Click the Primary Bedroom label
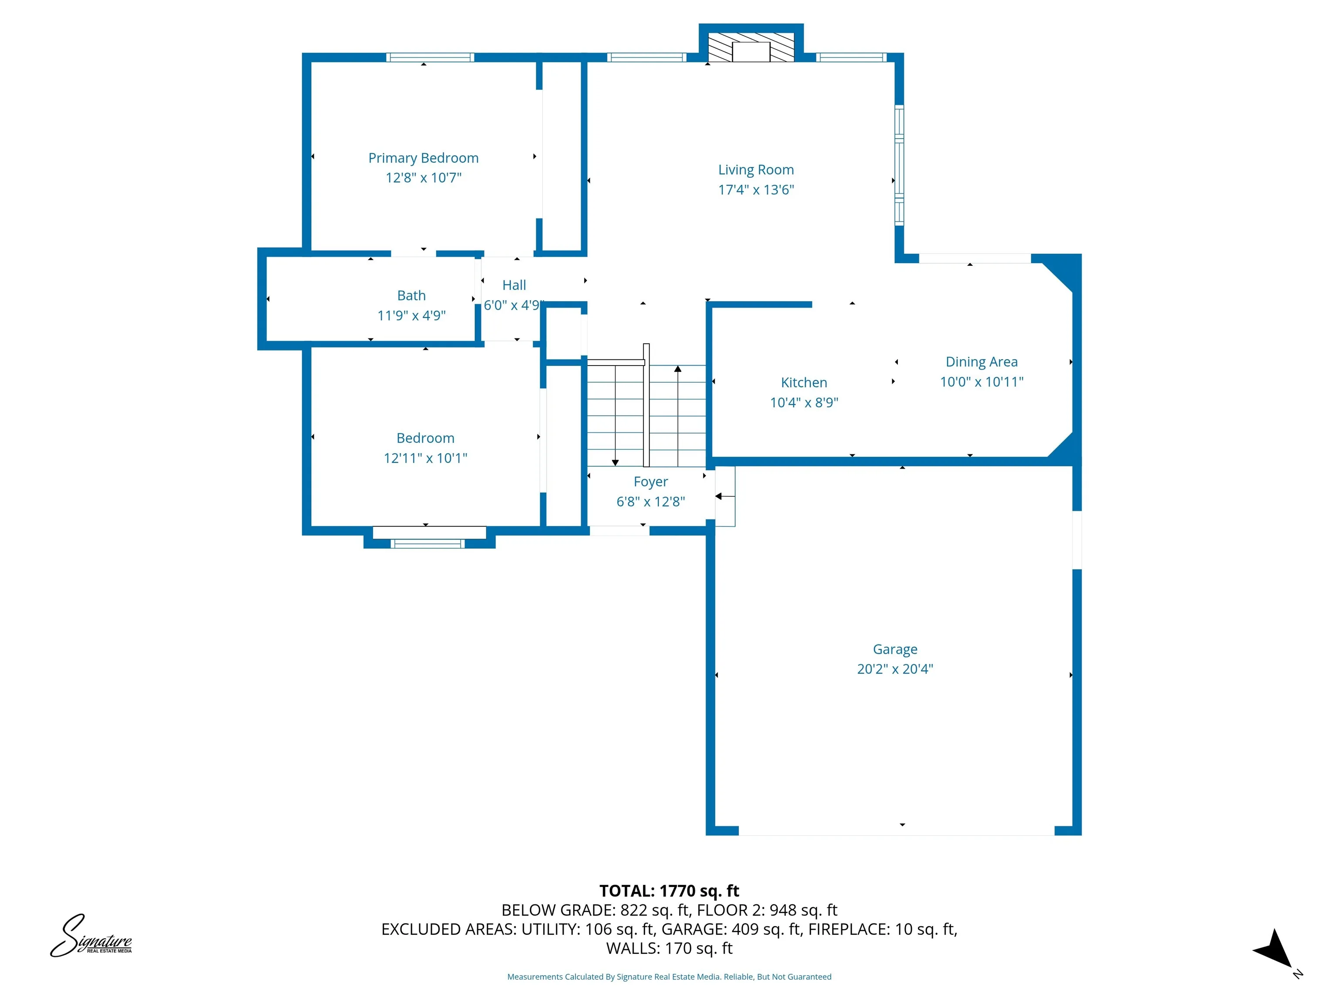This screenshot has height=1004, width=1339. pyautogui.click(x=423, y=158)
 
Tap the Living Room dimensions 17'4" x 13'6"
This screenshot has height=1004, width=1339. pyautogui.click(x=755, y=190)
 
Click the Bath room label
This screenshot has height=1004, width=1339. pyautogui.click(x=411, y=295)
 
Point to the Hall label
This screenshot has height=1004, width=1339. pyautogui.click(x=514, y=285)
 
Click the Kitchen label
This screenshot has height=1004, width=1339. pyautogui.click(x=803, y=383)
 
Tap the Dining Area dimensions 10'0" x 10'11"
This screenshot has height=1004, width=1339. pyautogui.click(x=981, y=382)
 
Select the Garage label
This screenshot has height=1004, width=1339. pyautogui.click(x=895, y=649)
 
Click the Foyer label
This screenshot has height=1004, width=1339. pyautogui.click(x=650, y=482)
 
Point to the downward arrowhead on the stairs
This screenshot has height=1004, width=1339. pyautogui.click(x=615, y=462)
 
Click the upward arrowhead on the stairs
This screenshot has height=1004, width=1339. pyautogui.click(x=678, y=369)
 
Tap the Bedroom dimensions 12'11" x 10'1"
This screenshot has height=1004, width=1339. pyautogui.click(x=425, y=458)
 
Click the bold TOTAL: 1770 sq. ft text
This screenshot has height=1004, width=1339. pyautogui.click(x=669, y=891)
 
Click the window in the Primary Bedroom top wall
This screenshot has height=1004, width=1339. pyautogui.click(x=430, y=58)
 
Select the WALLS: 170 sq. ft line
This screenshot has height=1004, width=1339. pyautogui.click(x=669, y=948)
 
